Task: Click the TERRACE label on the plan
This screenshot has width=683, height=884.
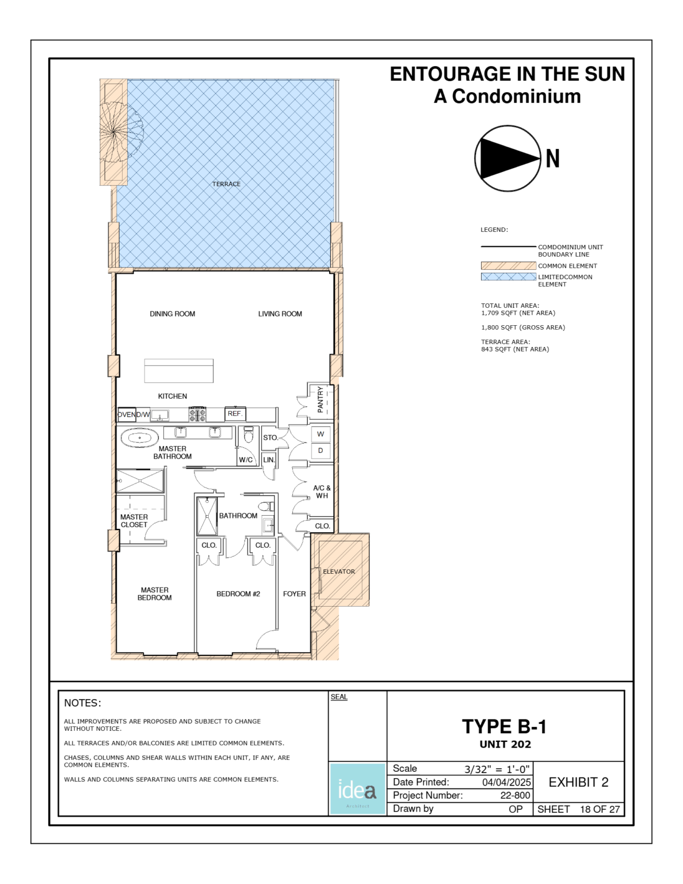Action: tap(226, 184)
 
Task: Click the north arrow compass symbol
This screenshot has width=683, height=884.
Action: tap(508, 158)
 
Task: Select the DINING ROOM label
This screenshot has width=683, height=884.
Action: tap(172, 314)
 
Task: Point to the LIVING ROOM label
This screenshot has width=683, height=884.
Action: tap(280, 314)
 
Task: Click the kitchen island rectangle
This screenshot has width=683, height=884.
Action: tap(178, 371)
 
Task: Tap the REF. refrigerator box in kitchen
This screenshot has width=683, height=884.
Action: tap(235, 414)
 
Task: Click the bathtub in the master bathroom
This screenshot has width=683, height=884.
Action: tap(139, 438)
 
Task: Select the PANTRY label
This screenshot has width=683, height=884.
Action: tap(320, 399)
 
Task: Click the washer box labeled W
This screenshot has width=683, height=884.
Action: tap(320, 434)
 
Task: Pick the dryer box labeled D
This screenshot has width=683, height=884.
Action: tap(320, 451)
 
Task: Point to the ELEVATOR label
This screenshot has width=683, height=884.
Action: tap(339, 571)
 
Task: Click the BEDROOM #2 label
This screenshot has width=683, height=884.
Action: tap(238, 594)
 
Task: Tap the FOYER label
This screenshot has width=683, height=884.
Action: tap(294, 594)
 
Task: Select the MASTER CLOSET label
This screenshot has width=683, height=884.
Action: tap(134, 521)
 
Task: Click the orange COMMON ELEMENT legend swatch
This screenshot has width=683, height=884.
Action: tap(508, 266)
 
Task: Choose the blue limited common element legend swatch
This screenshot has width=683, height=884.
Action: tap(508, 277)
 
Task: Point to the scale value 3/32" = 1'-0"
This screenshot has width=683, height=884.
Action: tap(497, 769)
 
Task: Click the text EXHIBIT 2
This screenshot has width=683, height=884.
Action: tap(578, 782)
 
